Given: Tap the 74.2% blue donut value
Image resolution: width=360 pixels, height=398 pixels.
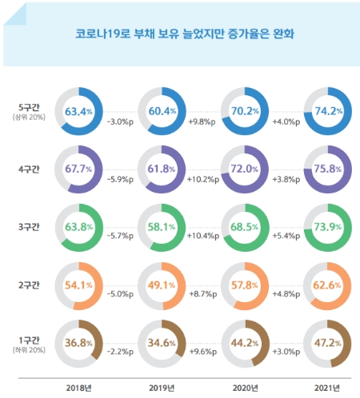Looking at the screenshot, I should point(330,110).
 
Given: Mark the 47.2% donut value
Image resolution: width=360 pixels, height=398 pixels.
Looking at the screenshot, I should point(330,342).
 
